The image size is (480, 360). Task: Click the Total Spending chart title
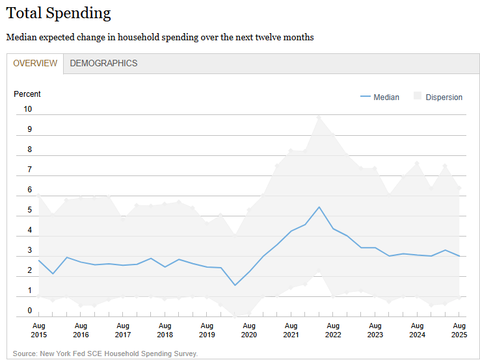(59, 13)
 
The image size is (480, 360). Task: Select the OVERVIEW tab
(35, 63)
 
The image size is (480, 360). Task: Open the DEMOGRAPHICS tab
(103, 63)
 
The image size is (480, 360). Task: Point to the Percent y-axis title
(27, 94)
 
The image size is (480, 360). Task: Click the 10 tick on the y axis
(28, 109)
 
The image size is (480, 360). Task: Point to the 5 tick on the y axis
(29, 210)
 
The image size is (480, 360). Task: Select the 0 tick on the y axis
(29, 311)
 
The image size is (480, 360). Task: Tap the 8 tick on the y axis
(29, 149)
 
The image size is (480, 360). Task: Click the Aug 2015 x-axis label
(39, 329)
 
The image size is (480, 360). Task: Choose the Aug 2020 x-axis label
(249, 329)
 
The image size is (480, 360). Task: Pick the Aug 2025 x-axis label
(459, 329)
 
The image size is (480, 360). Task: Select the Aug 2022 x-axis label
(333, 329)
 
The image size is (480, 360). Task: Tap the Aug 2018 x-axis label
(165, 329)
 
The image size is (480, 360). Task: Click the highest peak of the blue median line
(319, 207)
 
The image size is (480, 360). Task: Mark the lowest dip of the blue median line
(235, 285)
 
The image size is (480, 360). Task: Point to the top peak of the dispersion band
(319, 117)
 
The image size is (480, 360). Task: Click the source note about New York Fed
(105, 354)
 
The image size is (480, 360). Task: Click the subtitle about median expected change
(160, 38)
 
